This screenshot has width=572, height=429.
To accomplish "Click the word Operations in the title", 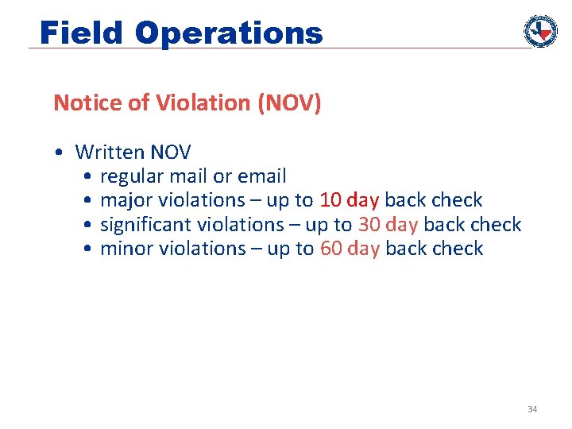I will point(229,33).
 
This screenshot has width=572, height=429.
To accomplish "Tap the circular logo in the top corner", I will point(540,31).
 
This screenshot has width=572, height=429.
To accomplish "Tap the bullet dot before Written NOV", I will point(60,153).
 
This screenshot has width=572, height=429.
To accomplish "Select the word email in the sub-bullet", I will point(261,176).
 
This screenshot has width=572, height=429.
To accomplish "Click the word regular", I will point(133,176).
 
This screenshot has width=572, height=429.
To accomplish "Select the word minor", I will point(127,249).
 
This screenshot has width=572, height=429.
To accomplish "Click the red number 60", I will point(331,249).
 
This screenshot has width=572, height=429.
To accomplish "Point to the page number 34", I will point(532,409).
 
